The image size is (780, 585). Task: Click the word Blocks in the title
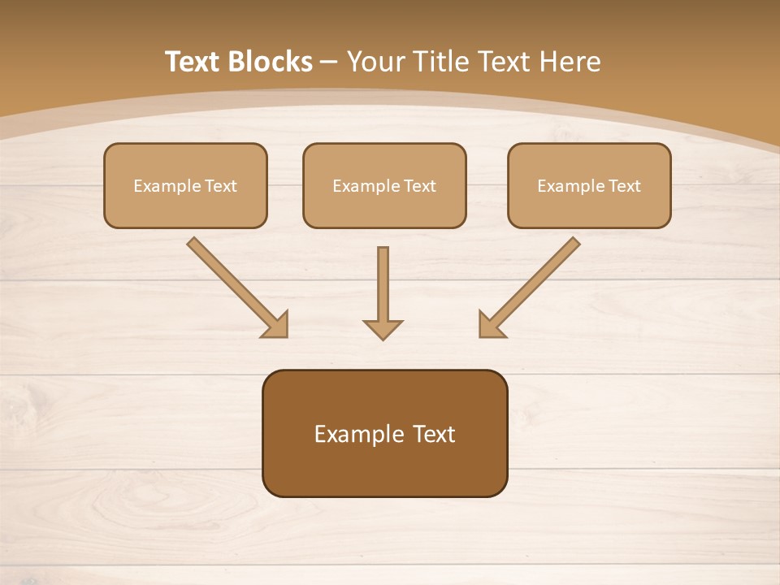(270, 62)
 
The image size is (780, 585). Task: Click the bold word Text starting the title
(193, 62)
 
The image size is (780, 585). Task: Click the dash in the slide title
(329, 62)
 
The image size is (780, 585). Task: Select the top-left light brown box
(185, 185)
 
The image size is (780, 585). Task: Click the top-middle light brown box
(384, 185)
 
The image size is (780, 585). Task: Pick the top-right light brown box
(589, 185)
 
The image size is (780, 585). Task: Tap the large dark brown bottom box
(384, 433)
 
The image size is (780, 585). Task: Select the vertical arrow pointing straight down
(383, 288)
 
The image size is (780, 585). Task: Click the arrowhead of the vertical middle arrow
(383, 329)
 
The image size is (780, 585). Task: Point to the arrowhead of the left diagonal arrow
(276, 325)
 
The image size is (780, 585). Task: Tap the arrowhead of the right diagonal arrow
(490, 325)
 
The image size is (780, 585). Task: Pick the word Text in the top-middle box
(419, 186)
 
